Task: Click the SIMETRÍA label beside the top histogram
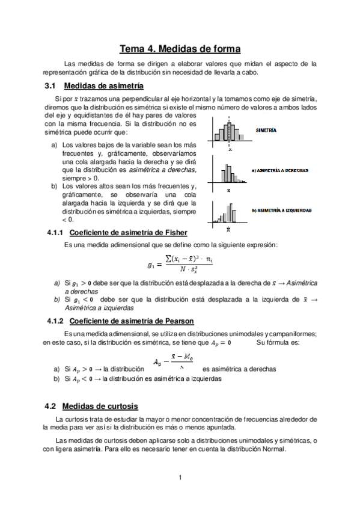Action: [x=266, y=130]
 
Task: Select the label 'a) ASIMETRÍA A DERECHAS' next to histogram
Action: [x=280, y=170]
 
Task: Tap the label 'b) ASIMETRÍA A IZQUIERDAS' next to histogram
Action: [x=281, y=210]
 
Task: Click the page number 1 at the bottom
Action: [x=180, y=478]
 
